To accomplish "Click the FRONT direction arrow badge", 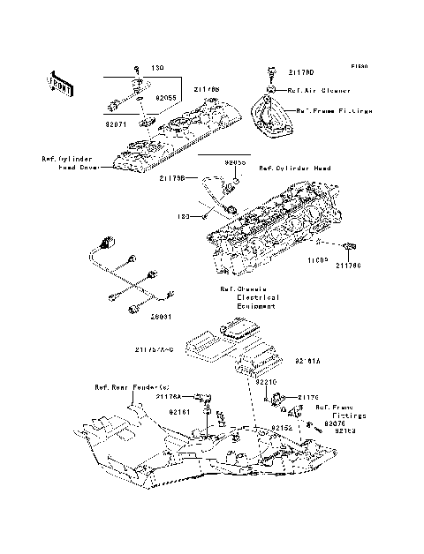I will click(55, 84).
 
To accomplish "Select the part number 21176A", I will click(170, 398).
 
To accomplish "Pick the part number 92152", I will click(282, 427).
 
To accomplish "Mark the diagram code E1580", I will click(359, 66).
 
